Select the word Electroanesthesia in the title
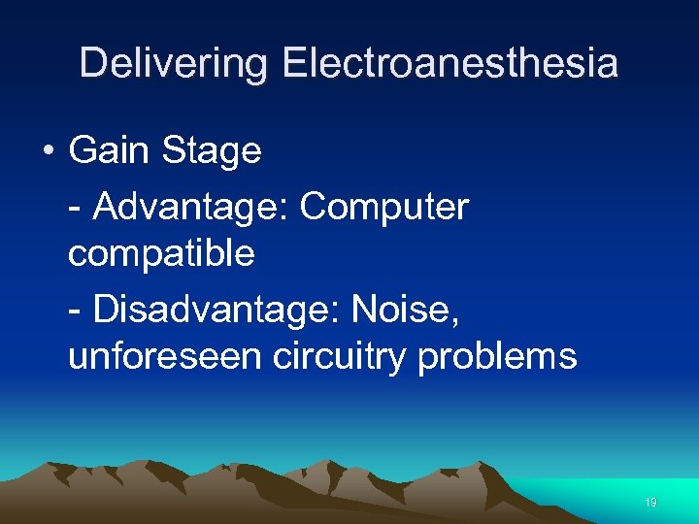450,64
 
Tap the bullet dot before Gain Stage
48,152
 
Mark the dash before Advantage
77,208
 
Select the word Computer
384,208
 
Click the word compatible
161,254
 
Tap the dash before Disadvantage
77,311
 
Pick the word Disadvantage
215,309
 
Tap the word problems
497,356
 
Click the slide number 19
649,503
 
